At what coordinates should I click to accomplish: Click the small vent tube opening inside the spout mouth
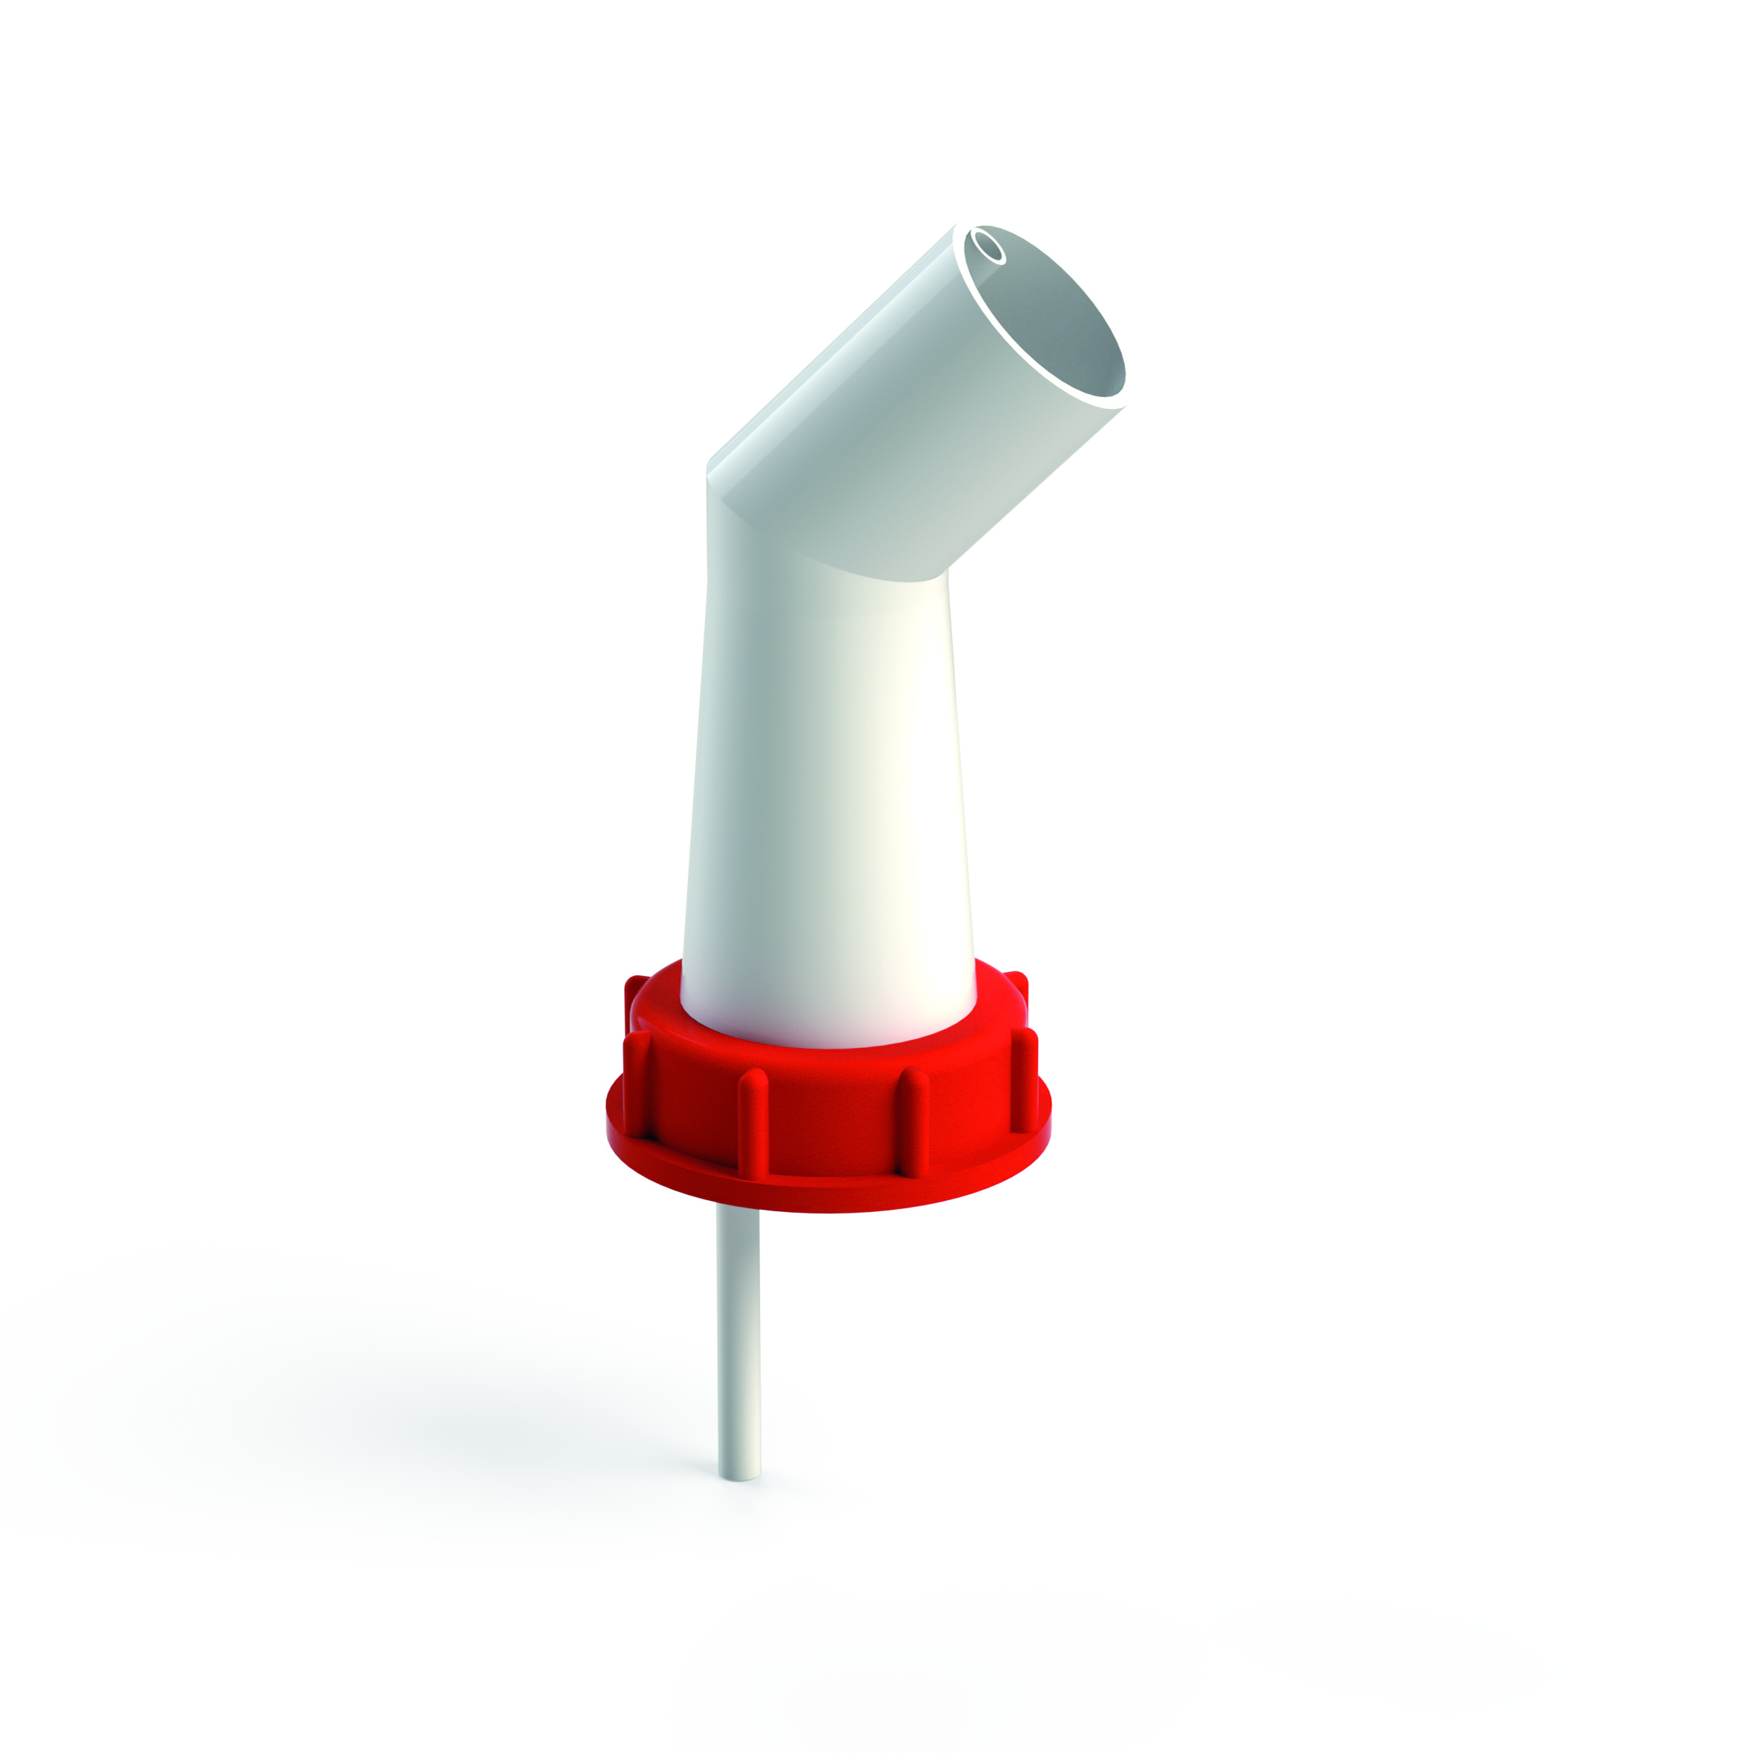click(x=988, y=246)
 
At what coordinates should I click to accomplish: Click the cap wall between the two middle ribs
click(x=831, y=1131)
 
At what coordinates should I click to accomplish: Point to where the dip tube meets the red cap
click(x=737, y=1213)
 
